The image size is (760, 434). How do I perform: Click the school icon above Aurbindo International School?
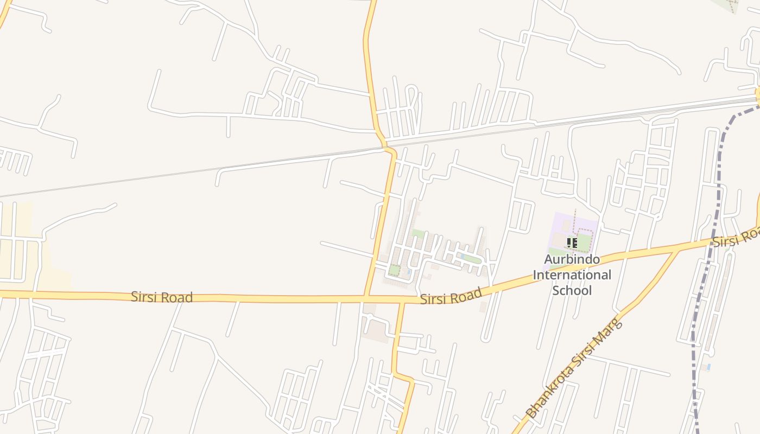point(571,243)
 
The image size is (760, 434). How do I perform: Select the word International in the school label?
point(572,275)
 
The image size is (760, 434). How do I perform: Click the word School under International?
point(572,290)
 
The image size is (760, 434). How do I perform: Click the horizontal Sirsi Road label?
point(162,297)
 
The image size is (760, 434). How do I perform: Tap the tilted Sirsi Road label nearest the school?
point(451,296)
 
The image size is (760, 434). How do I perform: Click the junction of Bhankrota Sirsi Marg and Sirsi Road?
point(678,251)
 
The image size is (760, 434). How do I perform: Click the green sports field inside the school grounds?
point(584,242)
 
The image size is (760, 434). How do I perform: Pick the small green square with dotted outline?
point(394,270)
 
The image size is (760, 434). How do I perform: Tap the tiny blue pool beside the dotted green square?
point(408,272)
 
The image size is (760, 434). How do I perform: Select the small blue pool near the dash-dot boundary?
point(708,367)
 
